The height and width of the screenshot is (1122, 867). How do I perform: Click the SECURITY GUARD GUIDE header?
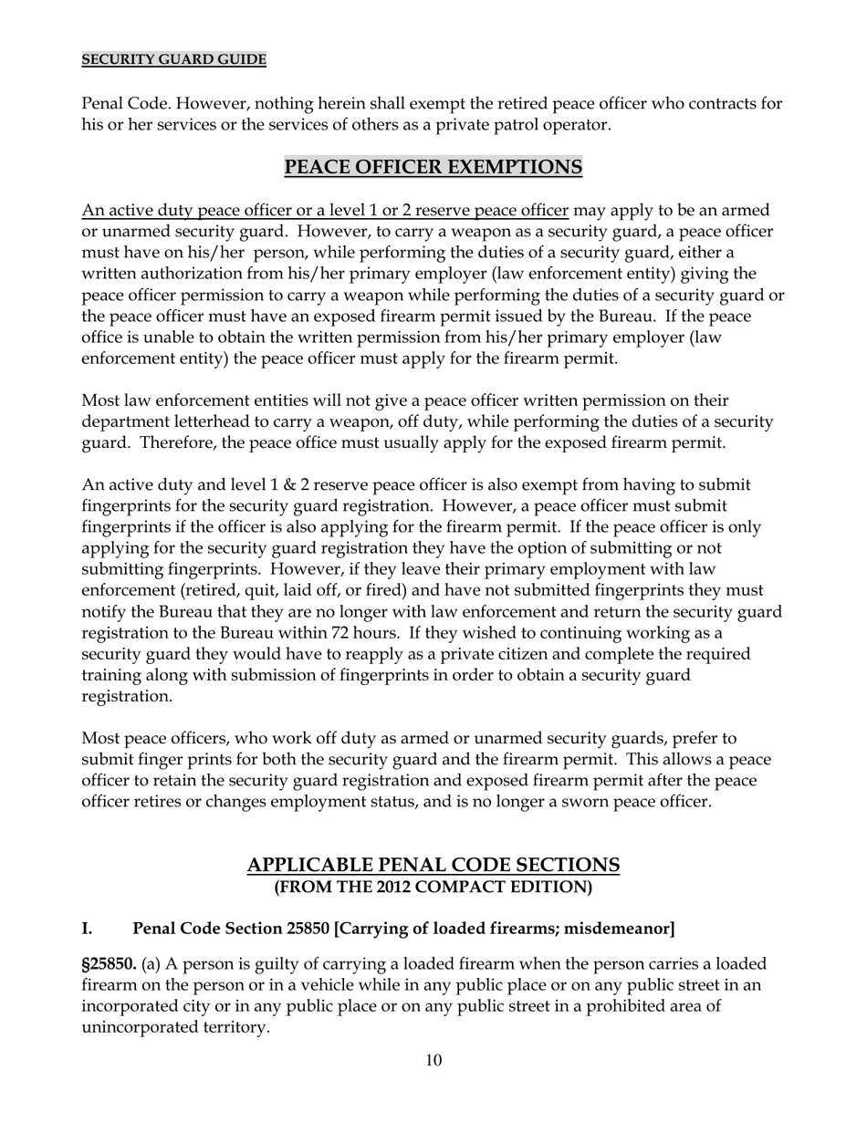pyautogui.click(x=173, y=60)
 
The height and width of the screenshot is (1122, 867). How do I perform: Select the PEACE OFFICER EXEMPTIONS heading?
pyautogui.click(x=433, y=167)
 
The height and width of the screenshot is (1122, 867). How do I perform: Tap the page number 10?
pyautogui.click(x=433, y=1060)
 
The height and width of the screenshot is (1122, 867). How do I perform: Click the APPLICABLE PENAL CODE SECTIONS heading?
pyautogui.click(x=433, y=865)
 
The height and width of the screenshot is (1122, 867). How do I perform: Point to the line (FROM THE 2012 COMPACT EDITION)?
pyautogui.click(x=433, y=887)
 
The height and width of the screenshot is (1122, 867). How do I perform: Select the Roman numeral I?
pyautogui.click(x=88, y=930)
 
